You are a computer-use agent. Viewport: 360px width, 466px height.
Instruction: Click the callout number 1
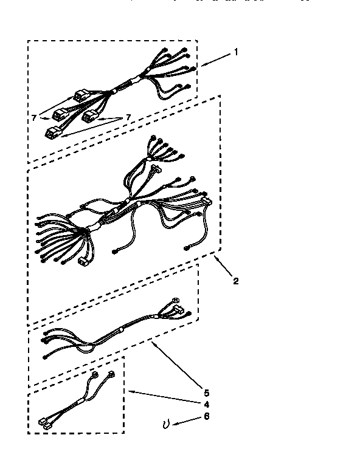point(236,52)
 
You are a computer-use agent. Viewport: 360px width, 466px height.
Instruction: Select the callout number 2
point(235,281)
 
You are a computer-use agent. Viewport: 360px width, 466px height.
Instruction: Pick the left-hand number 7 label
point(35,117)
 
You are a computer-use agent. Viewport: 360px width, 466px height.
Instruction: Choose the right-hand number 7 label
point(128,117)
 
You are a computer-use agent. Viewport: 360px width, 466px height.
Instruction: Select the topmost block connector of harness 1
point(81,95)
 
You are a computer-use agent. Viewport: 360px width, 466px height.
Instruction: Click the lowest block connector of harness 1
point(53,132)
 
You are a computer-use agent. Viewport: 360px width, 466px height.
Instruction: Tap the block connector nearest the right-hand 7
point(91,115)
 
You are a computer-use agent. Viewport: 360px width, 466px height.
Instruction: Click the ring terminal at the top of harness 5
point(176,300)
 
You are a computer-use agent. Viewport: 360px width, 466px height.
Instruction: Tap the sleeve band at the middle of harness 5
point(121,332)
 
